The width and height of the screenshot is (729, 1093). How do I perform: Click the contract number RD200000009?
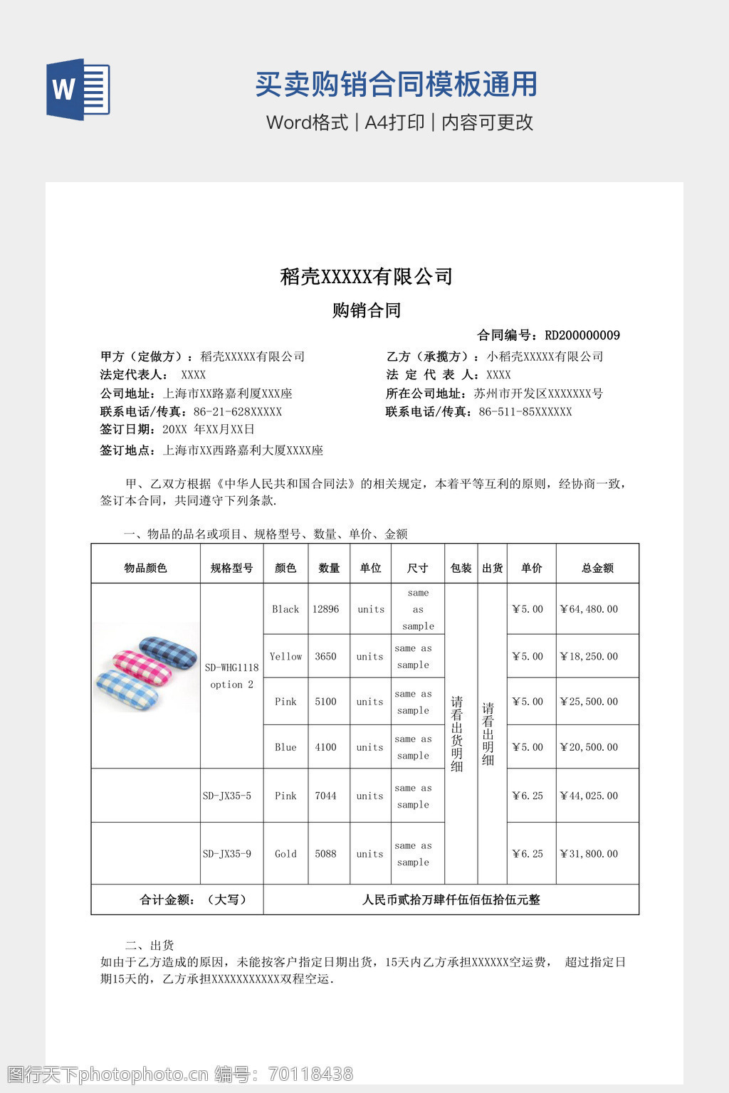(582, 335)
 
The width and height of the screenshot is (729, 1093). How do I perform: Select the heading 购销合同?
(367, 310)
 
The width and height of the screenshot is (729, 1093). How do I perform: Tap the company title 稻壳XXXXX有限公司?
(367, 276)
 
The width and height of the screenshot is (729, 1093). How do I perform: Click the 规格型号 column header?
(231, 568)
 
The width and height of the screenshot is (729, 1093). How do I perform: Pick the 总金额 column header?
(597, 568)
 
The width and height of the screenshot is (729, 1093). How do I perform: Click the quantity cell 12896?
(325, 609)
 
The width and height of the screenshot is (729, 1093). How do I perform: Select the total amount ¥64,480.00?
(589, 609)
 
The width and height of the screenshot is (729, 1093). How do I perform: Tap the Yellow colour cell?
(285, 656)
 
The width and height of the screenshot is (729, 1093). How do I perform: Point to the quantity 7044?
(325, 796)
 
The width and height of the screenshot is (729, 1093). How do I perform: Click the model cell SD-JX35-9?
(227, 854)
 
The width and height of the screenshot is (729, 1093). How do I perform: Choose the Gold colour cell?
(285, 854)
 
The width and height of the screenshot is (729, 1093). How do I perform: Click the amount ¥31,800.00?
(589, 854)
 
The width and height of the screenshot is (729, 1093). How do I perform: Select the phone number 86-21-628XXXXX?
(237, 412)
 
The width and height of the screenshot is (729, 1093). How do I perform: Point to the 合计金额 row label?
(193, 899)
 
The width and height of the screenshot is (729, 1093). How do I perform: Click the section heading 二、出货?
(150, 945)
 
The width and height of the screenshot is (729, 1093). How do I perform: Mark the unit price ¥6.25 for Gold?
(528, 854)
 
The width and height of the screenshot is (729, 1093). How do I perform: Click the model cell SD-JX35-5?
(227, 796)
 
